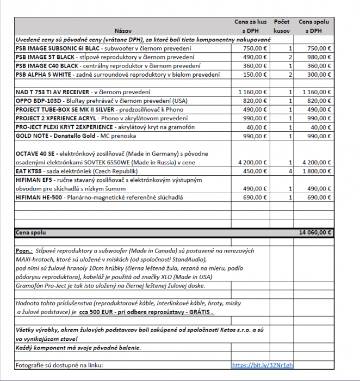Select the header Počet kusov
(282, 26)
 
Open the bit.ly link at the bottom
(262, 365)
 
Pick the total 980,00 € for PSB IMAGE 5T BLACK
(319, 57)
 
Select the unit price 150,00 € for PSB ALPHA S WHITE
(255, 75)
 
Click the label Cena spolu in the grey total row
(31, 232)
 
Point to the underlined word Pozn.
(24, 251)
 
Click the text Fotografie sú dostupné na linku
(59, 365)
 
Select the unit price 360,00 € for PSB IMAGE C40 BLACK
(255, 66)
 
